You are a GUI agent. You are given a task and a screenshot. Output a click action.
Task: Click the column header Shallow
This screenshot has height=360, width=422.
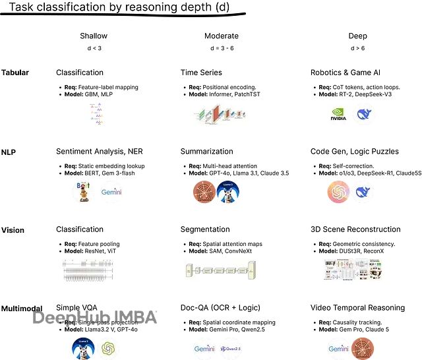[x=93, y=36]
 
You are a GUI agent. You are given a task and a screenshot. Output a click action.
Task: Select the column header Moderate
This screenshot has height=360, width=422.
[x=222, y=36]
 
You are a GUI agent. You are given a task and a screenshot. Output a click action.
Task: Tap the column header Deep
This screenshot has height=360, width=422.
[x=358, y=36]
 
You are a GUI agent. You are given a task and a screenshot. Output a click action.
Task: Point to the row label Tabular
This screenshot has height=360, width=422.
[x=15, y=73]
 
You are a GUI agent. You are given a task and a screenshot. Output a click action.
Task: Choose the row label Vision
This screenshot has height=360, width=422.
[x=13, y=230]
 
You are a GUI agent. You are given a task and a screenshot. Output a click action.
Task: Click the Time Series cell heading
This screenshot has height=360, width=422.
[x=201, y=73]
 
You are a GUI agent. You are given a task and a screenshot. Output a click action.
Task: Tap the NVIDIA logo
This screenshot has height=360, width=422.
[x=338, y=115]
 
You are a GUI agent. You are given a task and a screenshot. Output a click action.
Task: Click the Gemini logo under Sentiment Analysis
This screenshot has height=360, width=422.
[x=112, y=193]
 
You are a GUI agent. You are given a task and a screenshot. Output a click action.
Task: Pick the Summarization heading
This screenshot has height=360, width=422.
[x=207, y=152]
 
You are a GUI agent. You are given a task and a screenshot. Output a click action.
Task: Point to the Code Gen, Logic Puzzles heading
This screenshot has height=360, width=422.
[x=355, y=152]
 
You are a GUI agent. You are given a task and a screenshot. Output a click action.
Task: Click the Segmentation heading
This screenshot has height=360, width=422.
[x=205, y=229]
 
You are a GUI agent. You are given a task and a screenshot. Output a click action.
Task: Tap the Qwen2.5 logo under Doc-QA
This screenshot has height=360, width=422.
[x=230, y=348]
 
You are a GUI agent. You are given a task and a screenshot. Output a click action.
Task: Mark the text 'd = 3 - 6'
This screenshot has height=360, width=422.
[x=222, y=47]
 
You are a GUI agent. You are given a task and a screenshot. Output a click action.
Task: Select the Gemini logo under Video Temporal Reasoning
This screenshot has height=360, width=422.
[x=338, y=348]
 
